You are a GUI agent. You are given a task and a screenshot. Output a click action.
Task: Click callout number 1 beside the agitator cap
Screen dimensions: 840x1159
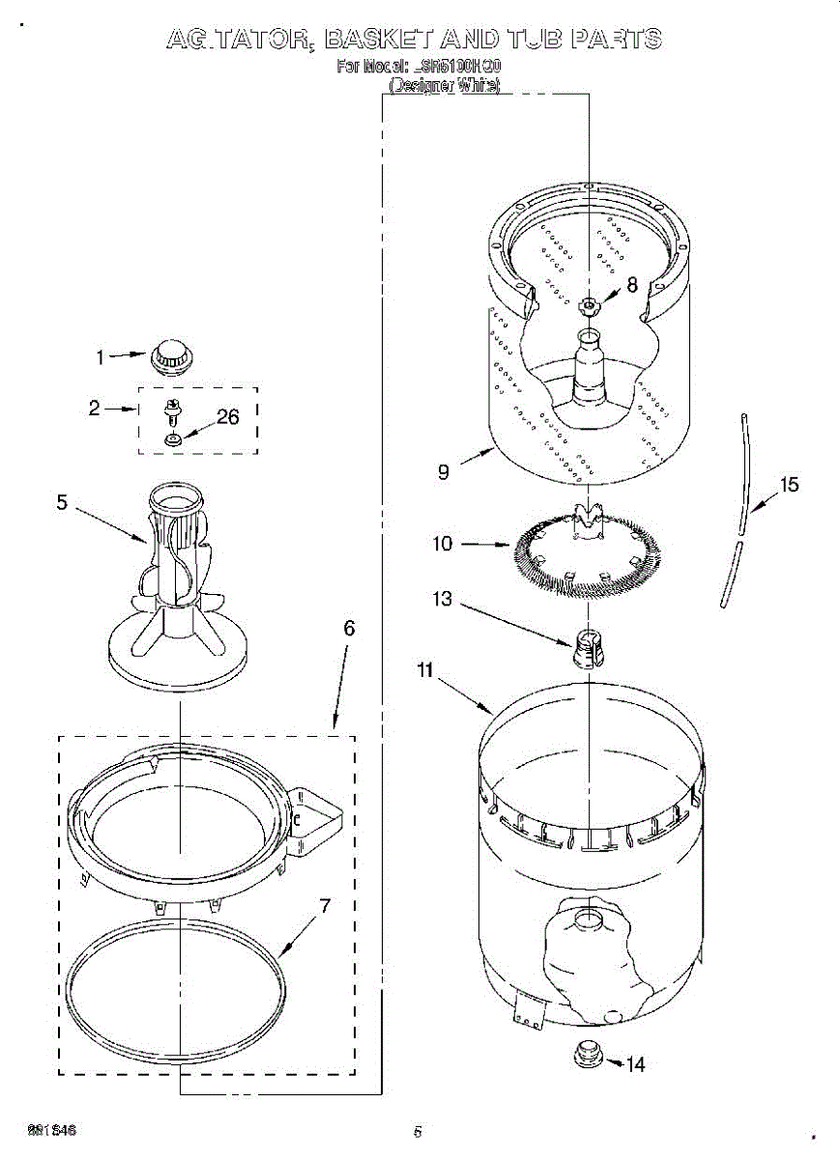coord(99,357)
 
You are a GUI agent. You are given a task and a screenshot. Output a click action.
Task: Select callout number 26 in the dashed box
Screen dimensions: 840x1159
coord(227,417)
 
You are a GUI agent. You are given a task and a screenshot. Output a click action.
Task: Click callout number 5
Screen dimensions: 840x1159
coord(62,502)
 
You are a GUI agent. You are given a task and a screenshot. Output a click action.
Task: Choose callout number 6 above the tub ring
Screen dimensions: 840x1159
coord(350,629)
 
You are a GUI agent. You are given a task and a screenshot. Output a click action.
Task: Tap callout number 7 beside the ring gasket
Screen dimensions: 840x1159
coord(325,906)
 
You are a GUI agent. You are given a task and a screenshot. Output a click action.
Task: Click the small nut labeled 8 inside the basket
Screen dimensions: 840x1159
coord(589,306)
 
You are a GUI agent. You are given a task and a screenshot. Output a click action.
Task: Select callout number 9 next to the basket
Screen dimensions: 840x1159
coord(444,472)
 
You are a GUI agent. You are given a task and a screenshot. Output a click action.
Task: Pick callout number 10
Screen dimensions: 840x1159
coord(442,544)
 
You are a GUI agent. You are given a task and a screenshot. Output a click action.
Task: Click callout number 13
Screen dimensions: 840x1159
coord(442,599)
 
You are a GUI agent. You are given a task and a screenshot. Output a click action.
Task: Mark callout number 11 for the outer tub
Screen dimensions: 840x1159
coord(424,669)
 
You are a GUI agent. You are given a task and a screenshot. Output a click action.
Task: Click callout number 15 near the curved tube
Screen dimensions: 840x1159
coord(790,484)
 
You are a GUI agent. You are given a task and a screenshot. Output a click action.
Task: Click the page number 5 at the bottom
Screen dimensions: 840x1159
coord(418,1132)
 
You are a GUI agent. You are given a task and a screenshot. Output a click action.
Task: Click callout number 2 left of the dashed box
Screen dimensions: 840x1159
coord(94,408)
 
